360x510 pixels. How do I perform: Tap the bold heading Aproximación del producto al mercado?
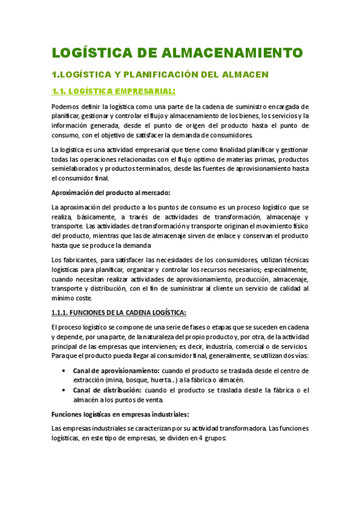(x=111, y=192)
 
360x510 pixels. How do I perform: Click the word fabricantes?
(x=79, y=260)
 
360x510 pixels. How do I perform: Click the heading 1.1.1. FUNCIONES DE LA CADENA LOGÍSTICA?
(x=119, y=313)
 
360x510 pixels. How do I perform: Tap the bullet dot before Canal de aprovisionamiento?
(x=64, y=370)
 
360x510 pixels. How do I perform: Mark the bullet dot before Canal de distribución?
(x=64, y=390)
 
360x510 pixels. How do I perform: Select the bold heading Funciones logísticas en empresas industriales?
(x=121, y=414)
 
